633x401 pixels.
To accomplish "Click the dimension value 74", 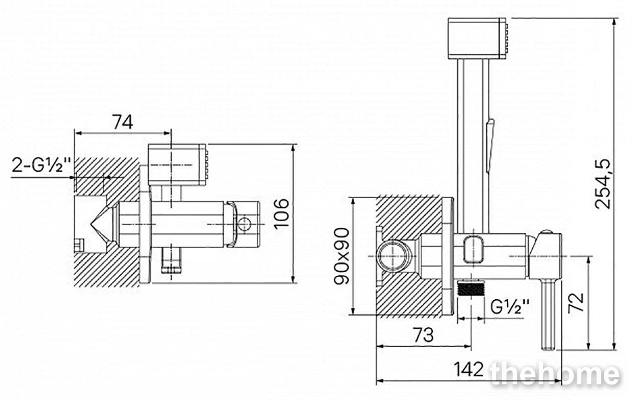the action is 123,122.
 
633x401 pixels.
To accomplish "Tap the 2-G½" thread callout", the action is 42,165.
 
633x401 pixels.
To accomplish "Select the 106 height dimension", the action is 281,213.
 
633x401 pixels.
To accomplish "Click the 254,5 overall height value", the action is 603,184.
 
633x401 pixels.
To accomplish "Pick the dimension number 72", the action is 576,303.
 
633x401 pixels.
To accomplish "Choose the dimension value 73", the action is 424,335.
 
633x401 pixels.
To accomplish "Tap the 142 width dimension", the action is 469,369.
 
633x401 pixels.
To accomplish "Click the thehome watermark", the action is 555,373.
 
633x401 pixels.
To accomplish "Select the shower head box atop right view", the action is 478,39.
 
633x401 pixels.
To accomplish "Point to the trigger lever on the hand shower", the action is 490,145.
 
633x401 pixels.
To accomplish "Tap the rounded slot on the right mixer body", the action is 473,250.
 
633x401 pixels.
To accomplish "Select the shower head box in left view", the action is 178,165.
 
